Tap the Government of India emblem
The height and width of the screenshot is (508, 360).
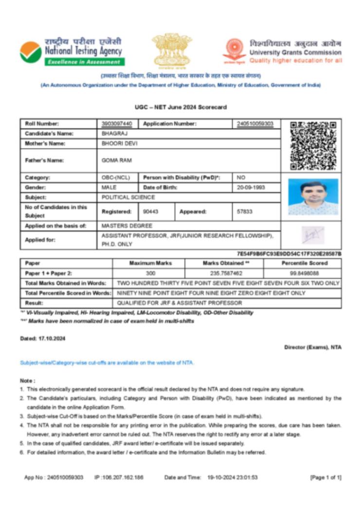(x=172, y=50)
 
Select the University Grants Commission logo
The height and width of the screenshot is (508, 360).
(x=234, y=51)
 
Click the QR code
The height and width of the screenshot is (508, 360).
(x=313, y=145)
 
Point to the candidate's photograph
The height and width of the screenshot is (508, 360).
(x=313, y=197)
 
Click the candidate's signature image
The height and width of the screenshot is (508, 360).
(x=312, y=235)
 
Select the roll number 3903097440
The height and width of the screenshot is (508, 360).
(x=117, y=124)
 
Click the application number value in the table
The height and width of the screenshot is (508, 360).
(x=255, y=124)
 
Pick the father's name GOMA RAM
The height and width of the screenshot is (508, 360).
(x=117, y=160)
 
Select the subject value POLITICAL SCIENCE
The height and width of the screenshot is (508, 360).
(x=128, y=197)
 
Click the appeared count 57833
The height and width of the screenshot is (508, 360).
(x=246, y=211)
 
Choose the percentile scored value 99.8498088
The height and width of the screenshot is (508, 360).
(x=302, y=273)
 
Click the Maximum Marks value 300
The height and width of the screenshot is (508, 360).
(x=150, y=273)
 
